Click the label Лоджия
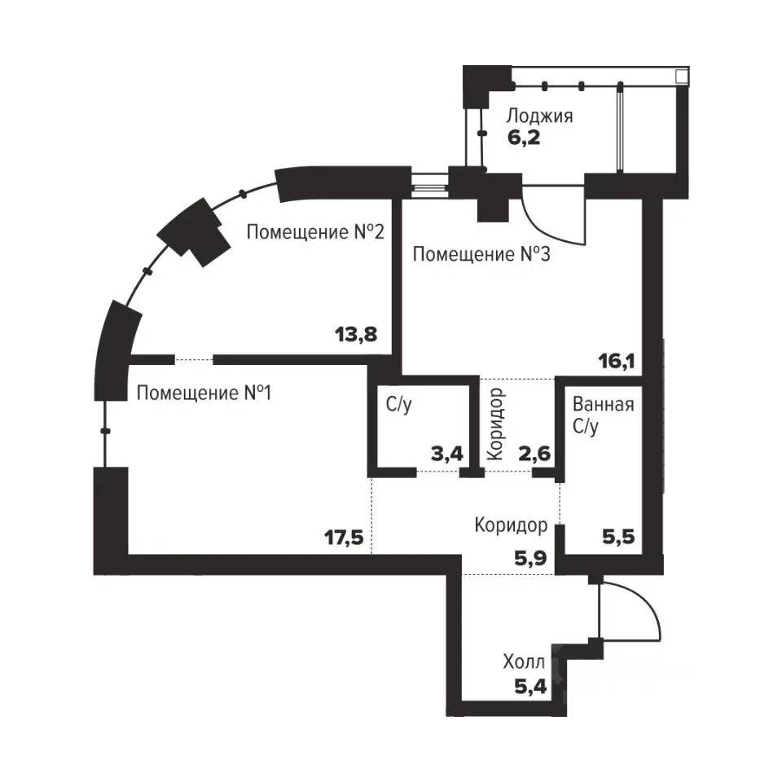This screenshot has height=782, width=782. click(539, 116)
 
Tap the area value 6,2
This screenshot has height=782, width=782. click(524, 137)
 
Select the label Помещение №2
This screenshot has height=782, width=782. click(315, 232)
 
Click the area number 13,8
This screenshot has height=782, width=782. click(356, 334)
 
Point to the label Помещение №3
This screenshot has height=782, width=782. click(481, 254)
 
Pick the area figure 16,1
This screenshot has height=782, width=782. click(617, 361)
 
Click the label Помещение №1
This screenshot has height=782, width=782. click(204, 393)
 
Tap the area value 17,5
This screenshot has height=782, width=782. click(344, 538)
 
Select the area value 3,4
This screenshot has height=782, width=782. click(447, 454)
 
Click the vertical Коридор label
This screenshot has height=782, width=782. click(496, 424)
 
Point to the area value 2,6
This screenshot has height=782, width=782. click(534, 454)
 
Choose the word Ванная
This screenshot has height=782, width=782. click(603, 404)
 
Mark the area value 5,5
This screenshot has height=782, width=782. click(618, 537)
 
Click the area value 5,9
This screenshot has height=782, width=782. click(530, 558)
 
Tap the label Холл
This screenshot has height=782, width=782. click(524, 661)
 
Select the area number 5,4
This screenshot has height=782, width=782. click(530, 688)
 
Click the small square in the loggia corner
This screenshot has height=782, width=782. click(682, 77)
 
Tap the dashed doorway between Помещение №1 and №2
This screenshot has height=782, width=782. click(194, 359)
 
